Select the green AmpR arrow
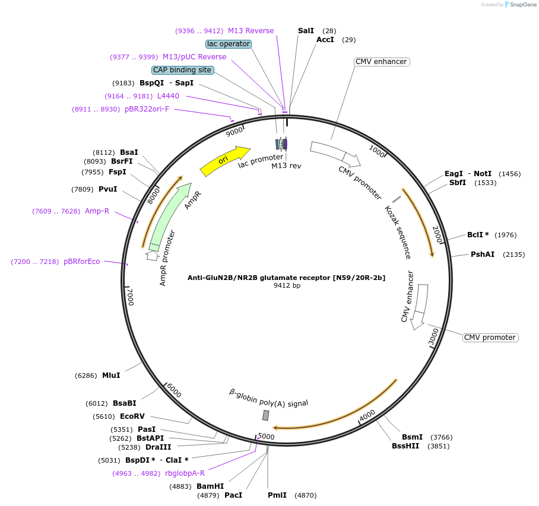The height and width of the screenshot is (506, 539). coord(170,214)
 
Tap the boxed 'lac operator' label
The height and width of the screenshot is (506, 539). coord(229,44)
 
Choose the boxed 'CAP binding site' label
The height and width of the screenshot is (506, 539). coord(182,70)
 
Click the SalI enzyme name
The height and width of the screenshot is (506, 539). coord(306,30)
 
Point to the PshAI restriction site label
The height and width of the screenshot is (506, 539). coord(483,254)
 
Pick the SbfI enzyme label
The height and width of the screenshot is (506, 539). coord(458,183)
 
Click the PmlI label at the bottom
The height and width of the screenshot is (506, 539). coord(277,495)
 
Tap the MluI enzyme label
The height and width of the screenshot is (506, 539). coord(111,375)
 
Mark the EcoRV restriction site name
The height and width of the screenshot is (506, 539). coord(132,416)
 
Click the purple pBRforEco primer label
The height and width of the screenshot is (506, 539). coord(82,262)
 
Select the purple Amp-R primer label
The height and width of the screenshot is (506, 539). coord(97,211)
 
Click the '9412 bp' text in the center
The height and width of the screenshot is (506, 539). coord(287,286)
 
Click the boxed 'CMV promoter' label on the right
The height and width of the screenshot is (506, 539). coord(490,338)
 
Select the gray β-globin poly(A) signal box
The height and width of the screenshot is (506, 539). coord(266,415)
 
